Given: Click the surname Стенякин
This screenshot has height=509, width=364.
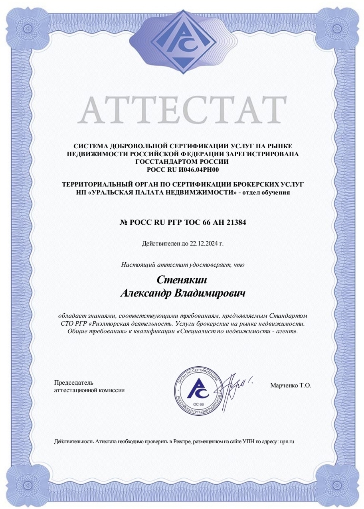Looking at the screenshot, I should pos(182,280).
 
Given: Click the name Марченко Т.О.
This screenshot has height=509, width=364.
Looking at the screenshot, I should pos(290,385).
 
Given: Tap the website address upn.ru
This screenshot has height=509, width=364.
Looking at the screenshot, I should pos(287,442).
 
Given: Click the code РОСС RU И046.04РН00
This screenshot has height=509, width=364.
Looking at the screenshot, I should pos(182,169).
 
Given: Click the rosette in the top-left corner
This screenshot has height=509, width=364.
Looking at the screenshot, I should pos(28,28).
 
